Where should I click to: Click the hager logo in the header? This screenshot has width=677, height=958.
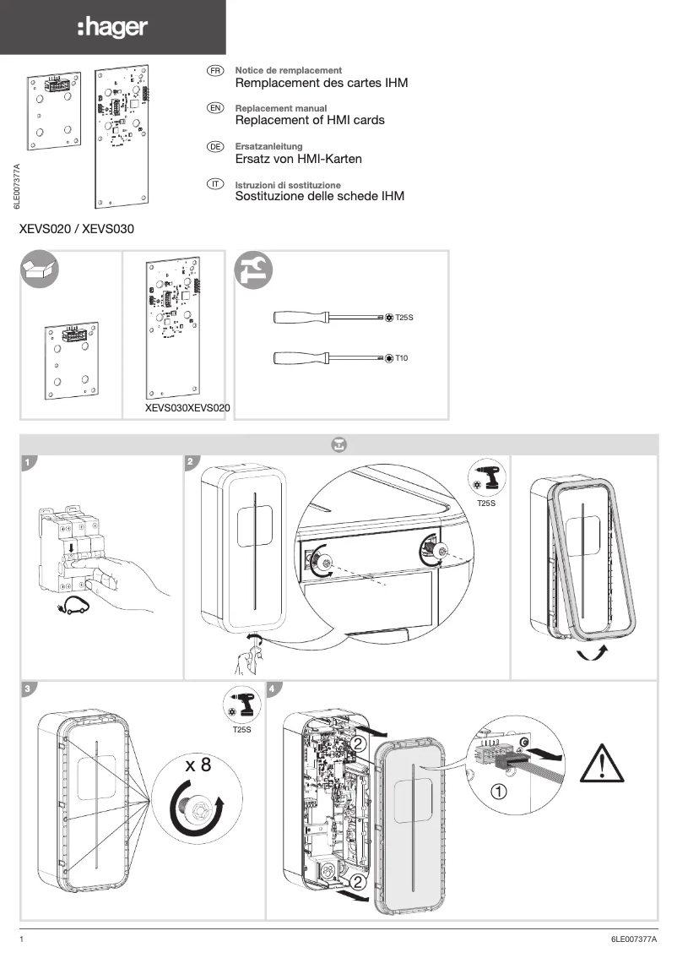[112, 28]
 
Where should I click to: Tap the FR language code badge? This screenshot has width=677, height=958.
[214, 70]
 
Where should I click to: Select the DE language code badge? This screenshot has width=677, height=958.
[214, 147]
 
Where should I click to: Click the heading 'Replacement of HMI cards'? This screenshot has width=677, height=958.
[309, 120]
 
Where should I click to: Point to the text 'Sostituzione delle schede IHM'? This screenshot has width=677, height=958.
[319, 196]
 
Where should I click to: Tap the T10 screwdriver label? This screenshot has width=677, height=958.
[402, 359]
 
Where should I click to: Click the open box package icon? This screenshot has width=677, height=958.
[40, 269]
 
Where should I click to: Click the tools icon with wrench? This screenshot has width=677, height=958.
[254, 269]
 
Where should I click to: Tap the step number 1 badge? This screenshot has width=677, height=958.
[29, 463]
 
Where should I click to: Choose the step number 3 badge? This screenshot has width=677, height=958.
[29, 689]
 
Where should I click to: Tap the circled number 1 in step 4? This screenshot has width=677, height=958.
[499, 792]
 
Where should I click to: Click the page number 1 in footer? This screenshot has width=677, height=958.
[22, 939]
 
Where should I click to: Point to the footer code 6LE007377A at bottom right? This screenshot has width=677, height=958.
[633, 939]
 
